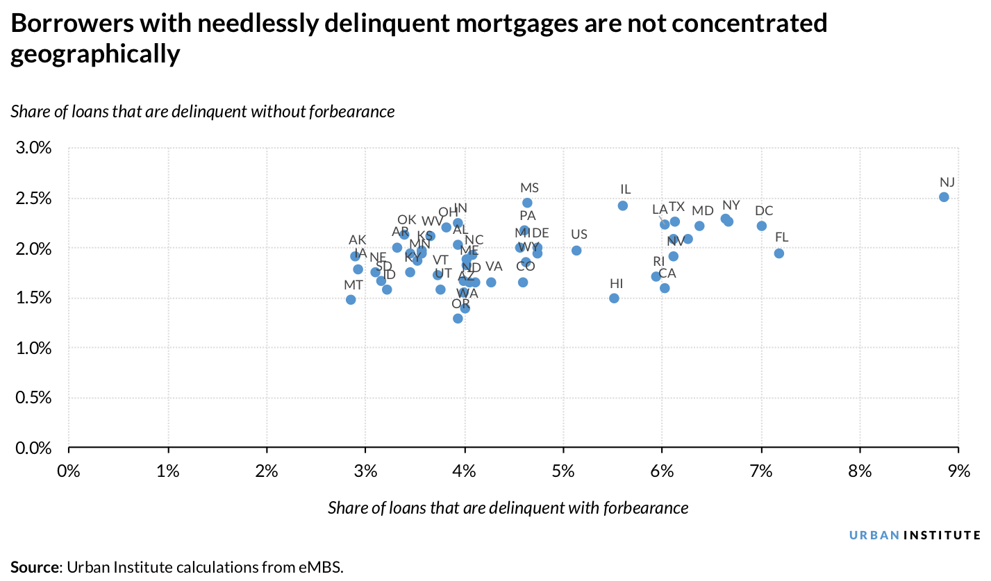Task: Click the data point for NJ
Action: pyautogui.click(x=944, y=197)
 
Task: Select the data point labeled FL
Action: pyautogui.click(x=779, y=253)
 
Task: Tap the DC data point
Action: pyautogui.click(x=762, y=226)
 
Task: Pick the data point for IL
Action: pyautogui.click(x=623, y=205)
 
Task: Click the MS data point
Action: pyautogui.click(x=527, y=203)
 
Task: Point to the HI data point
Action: pyautogui.click(x=614, y=298)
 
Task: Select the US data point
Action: pyautogui.click(x=576, y=251)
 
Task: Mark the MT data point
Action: pyautogui.click(x=351, y=300)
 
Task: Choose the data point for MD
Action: pyautogui.click(x=699, y=226)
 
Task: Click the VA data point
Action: pyautogui.click(x=491, y=283)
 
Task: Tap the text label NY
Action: pyautogui.click(x=731, y=205)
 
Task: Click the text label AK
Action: pyautogui.click(x=357, y=240)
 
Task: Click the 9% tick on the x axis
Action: pyautogui.click(x=958, y=472)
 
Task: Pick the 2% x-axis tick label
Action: pyautogui.click(x=267, y=472)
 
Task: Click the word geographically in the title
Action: pyautogui.click(x=95, y=55)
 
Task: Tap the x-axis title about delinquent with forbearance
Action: pyautogui.click(x=508, y=508)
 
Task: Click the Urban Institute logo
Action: pyautogui.click(x=915, y=535)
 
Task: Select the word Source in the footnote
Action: pyautogui.click(x=35, y=566)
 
